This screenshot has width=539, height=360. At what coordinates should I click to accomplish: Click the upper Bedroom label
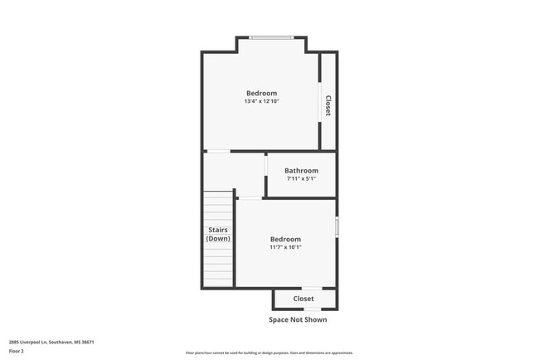pos(261,93)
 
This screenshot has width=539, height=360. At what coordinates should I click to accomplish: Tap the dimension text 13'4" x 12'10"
pos(261,102)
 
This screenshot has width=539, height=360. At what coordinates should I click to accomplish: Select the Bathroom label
pos(301,171)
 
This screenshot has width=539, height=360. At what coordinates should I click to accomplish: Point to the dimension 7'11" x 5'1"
pos(301,178)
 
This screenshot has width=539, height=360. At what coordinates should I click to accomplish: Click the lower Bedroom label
pos(285,239)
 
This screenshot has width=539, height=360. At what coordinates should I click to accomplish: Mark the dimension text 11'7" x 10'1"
pos(285,247)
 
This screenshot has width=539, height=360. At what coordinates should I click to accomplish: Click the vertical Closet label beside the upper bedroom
pos(328,105)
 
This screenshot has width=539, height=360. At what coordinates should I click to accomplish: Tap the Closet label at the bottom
pos(303,299)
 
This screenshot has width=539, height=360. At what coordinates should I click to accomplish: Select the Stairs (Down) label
pos(218,235)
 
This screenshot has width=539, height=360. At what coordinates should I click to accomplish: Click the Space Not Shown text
pos(298,319)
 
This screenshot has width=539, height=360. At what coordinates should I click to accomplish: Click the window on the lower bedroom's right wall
pos(336,227)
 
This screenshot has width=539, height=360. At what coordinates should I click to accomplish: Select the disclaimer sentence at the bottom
pos(269,353)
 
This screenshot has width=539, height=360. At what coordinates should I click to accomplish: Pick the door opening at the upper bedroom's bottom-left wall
pos(218,151)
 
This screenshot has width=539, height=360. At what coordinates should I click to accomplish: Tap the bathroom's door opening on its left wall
pos(265,174)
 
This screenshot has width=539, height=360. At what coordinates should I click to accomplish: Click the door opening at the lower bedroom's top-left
pos(250,198)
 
